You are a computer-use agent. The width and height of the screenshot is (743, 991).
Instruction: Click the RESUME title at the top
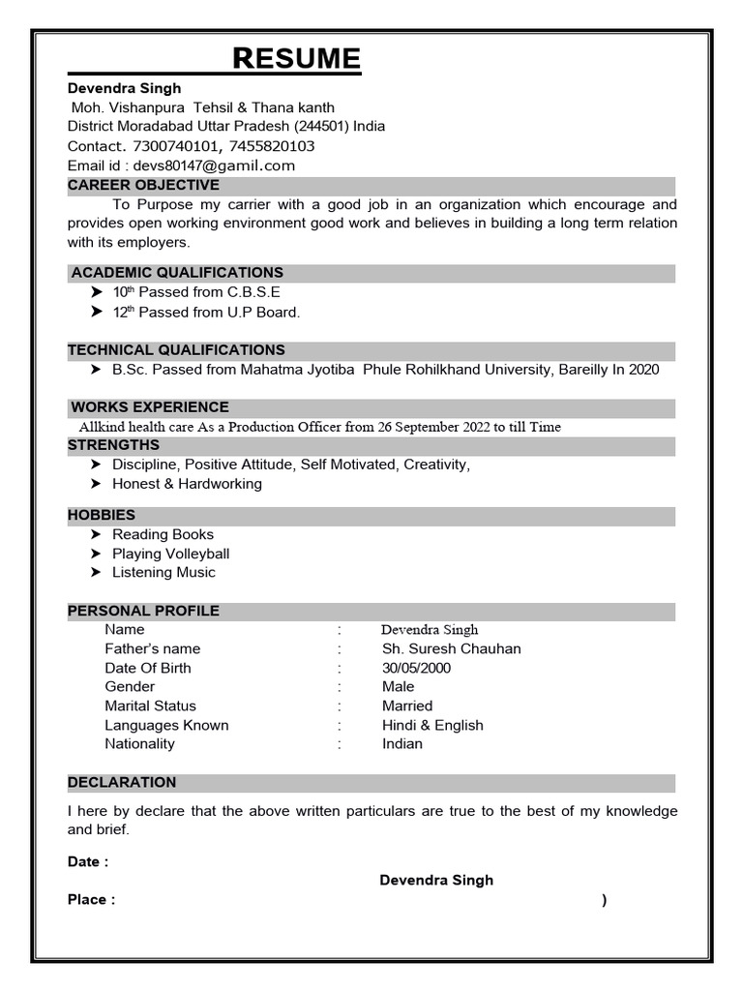(x=297, y=59)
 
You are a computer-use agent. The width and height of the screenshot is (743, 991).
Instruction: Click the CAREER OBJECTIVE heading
(x=143, y=185)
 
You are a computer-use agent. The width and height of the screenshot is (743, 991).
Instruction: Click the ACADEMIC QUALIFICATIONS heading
(x=177, y=273)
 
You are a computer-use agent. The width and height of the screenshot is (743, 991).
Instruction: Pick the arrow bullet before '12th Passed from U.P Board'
(x=97, y=312)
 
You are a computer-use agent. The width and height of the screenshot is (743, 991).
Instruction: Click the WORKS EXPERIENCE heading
(x=150, y=407)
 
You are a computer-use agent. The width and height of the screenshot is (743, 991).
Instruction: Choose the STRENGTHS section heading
(x=113, y=445)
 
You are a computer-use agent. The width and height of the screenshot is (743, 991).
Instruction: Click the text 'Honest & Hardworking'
(x=187, y=484)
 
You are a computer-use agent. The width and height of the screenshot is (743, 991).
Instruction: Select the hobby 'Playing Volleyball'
(x=170, y=554)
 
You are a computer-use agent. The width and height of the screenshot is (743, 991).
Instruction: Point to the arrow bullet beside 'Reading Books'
(x=97, y=534)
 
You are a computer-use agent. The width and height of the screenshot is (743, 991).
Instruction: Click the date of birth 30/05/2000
(x=416, y=668)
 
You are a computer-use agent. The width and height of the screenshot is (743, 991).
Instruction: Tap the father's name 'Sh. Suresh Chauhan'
(x=451, y=648)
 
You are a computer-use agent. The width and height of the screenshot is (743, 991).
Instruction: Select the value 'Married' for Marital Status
(x=407, y=706)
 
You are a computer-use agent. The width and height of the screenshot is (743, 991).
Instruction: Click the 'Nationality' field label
(x=139, y=743)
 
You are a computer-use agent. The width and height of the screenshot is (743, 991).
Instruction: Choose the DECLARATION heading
(x=122, y=782)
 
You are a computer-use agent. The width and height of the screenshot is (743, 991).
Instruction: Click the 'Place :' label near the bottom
(x=91, y=899)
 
